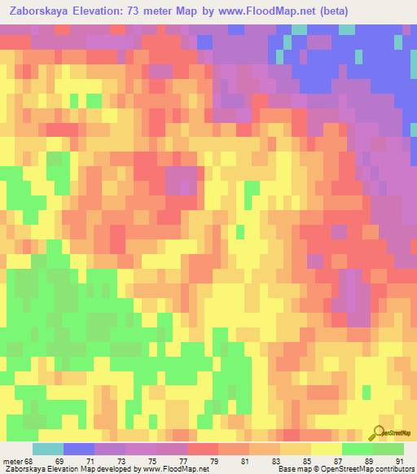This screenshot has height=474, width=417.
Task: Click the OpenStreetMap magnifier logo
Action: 380,433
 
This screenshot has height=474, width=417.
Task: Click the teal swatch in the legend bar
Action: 48,449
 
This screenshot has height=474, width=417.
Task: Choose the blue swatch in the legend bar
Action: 79,449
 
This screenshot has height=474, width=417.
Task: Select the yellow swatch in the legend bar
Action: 327,449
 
